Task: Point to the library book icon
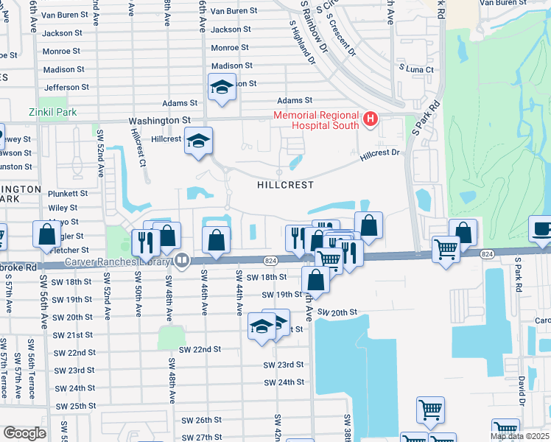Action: [x=181, y=260]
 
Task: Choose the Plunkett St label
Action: [x=69, y=194]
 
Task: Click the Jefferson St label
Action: [x=66, y=87]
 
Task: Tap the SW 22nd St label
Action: [x=200, y=349]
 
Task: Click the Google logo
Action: [x=24, y=433]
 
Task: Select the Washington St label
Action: [x=159, y=120]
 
